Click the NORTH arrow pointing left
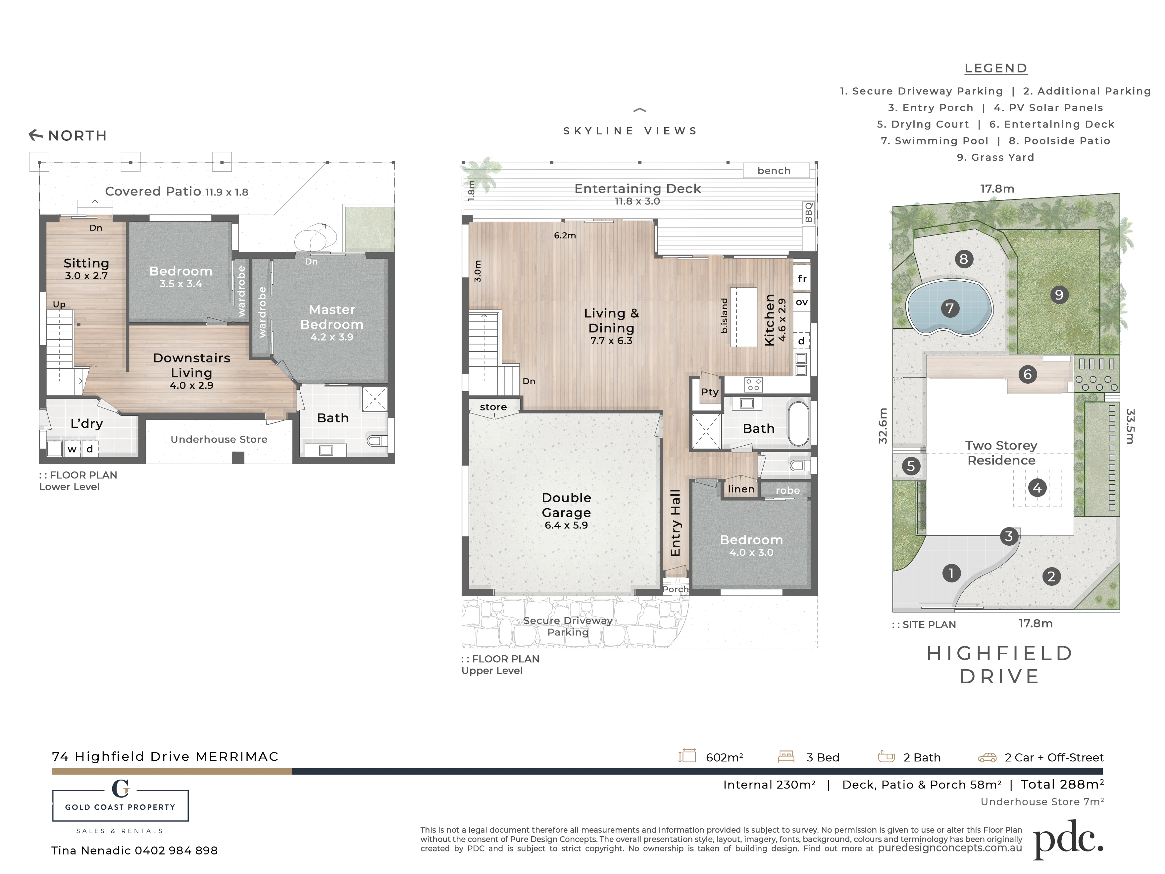click(x=36, y=136)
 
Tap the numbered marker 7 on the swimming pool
click(x=950, y=308)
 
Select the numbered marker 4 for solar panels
click(x=1037, y=488)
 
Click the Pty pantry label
click(x=709, y=392)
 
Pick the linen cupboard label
click(x=741, y=489)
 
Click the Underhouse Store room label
click(x=219, y=439)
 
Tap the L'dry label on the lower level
click(x=87, y=423)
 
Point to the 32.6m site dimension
click(x=883, y=426)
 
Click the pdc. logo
click(x=1068, y=839)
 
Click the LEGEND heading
click(x=996, y=69)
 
